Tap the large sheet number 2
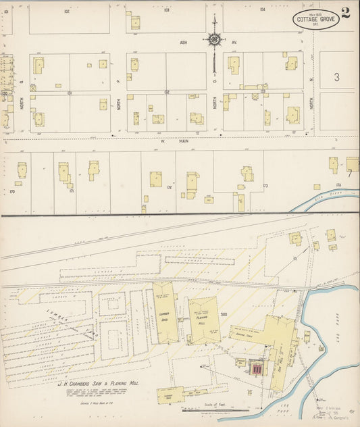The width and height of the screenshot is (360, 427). [x=346, y=13]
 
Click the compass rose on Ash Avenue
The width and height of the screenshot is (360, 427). [x=215, y=40]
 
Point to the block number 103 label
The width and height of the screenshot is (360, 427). [x=166, y=10]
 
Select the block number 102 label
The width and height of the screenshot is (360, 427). [x=67, y=11]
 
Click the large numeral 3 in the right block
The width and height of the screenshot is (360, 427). [x=336, y=78]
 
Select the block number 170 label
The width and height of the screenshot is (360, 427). [x=11, y=191]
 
